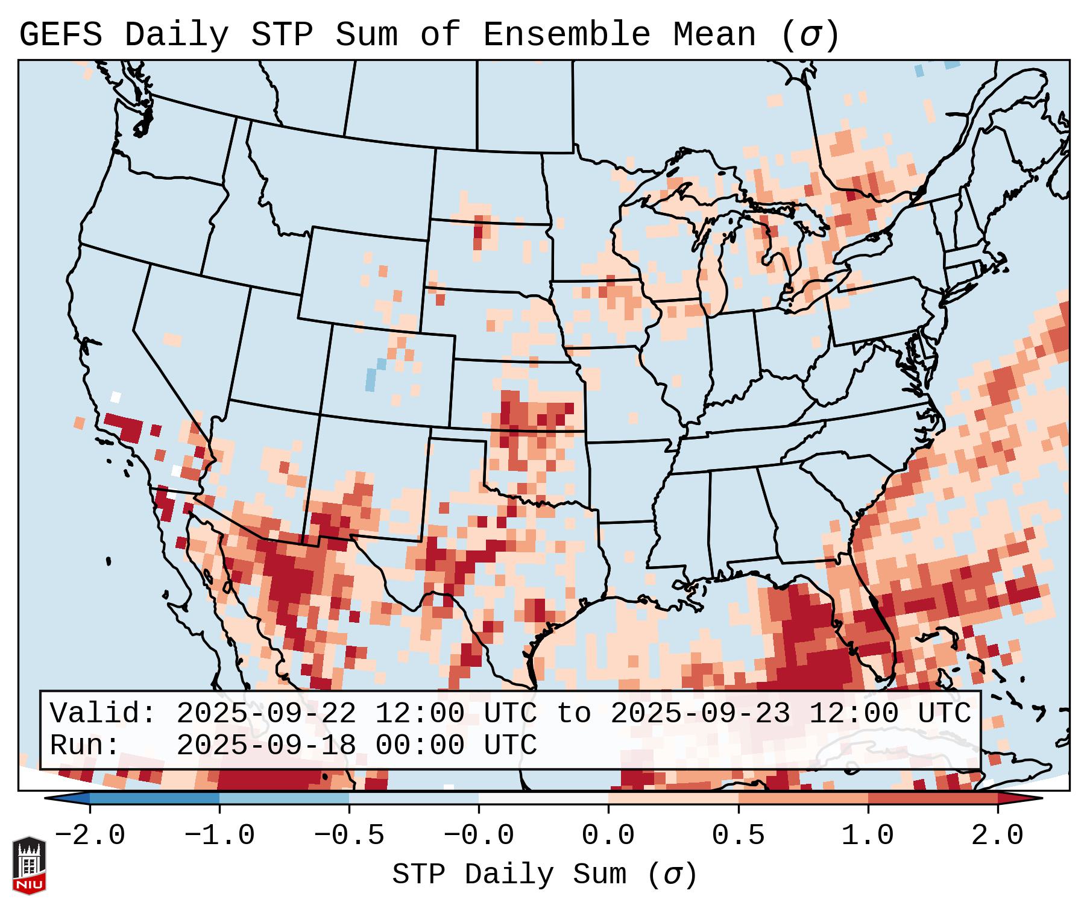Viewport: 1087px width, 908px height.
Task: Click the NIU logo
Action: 29,865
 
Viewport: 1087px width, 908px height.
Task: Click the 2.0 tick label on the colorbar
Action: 997,836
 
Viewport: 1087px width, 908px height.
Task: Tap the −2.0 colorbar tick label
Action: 90,836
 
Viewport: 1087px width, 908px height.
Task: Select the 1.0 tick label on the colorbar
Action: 868,836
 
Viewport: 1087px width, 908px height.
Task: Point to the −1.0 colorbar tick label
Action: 219,836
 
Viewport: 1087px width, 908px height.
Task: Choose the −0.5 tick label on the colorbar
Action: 348,836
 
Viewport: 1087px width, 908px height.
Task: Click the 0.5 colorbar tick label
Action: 738,836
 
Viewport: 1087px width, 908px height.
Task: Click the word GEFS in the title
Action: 60,35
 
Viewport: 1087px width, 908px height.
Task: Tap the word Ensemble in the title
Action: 566,35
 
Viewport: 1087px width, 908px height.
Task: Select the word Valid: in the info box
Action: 103,713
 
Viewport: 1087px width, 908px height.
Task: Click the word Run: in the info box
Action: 85,745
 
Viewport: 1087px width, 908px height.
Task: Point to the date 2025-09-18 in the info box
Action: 266,745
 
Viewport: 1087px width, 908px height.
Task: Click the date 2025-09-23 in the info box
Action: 700,713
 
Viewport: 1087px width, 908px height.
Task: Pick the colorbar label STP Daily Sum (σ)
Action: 544,874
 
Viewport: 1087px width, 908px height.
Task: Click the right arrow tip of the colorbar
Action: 1041,798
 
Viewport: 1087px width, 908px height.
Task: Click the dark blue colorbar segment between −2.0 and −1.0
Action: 154,798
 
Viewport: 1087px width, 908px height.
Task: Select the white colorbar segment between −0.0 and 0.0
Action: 543,798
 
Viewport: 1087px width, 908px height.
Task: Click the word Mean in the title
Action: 714,35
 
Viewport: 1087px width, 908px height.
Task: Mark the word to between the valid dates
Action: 573,713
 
